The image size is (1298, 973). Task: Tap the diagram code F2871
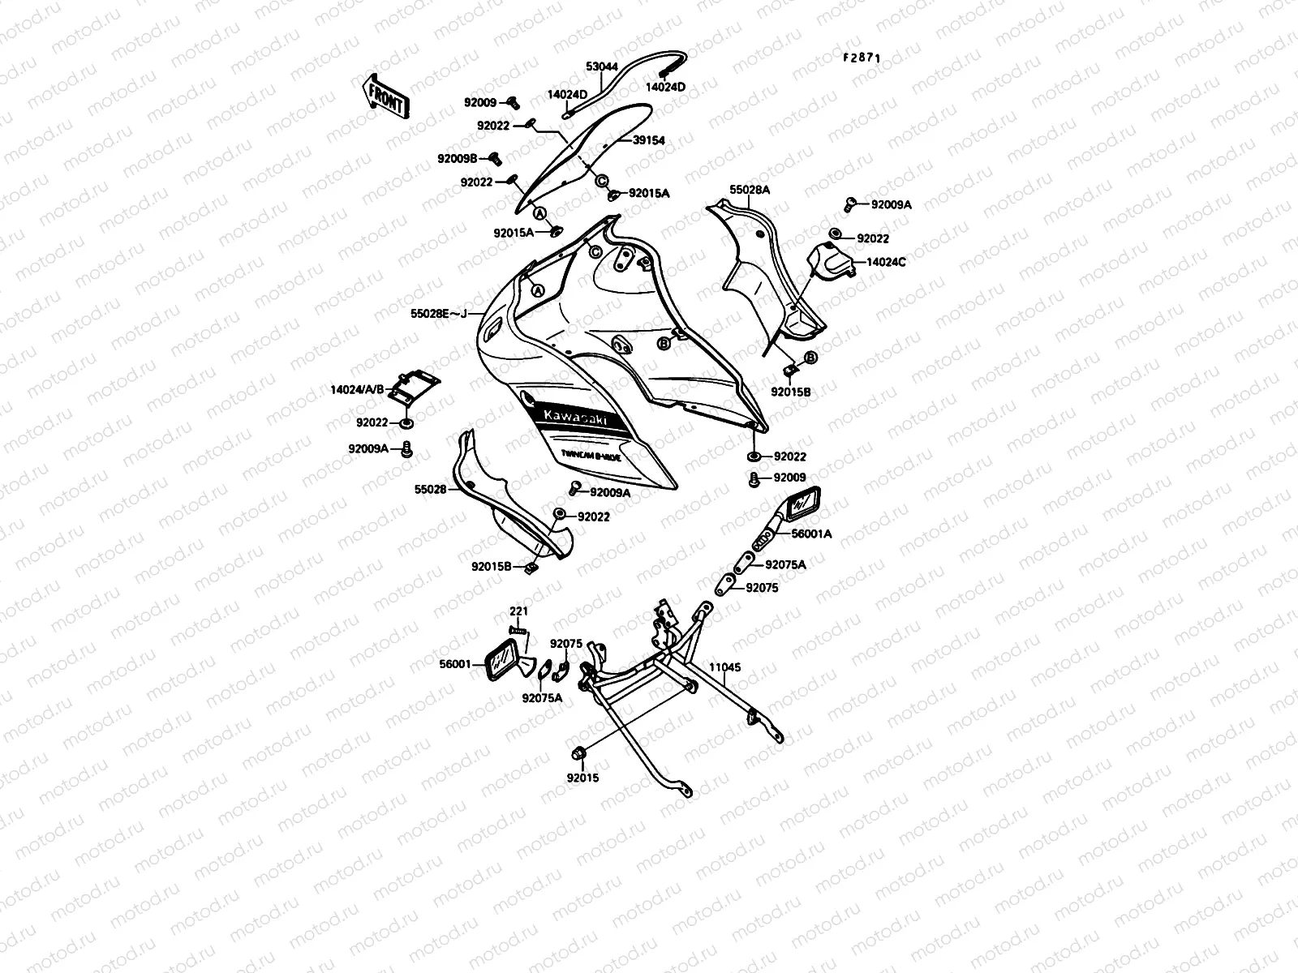[x=861, y=58]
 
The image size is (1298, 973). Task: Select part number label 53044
[x=601, y=66]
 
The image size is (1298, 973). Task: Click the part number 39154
[x=649, y=140]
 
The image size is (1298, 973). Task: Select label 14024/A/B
[x=356, y=389]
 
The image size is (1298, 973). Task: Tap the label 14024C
[x=886, y=262]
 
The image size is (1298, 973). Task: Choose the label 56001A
[x=812, y=534]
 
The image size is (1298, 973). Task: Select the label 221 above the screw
[x=518, y=611]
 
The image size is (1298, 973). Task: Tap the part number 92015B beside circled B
[x=790, y=392]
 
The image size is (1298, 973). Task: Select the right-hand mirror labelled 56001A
[x=802, y=503]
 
